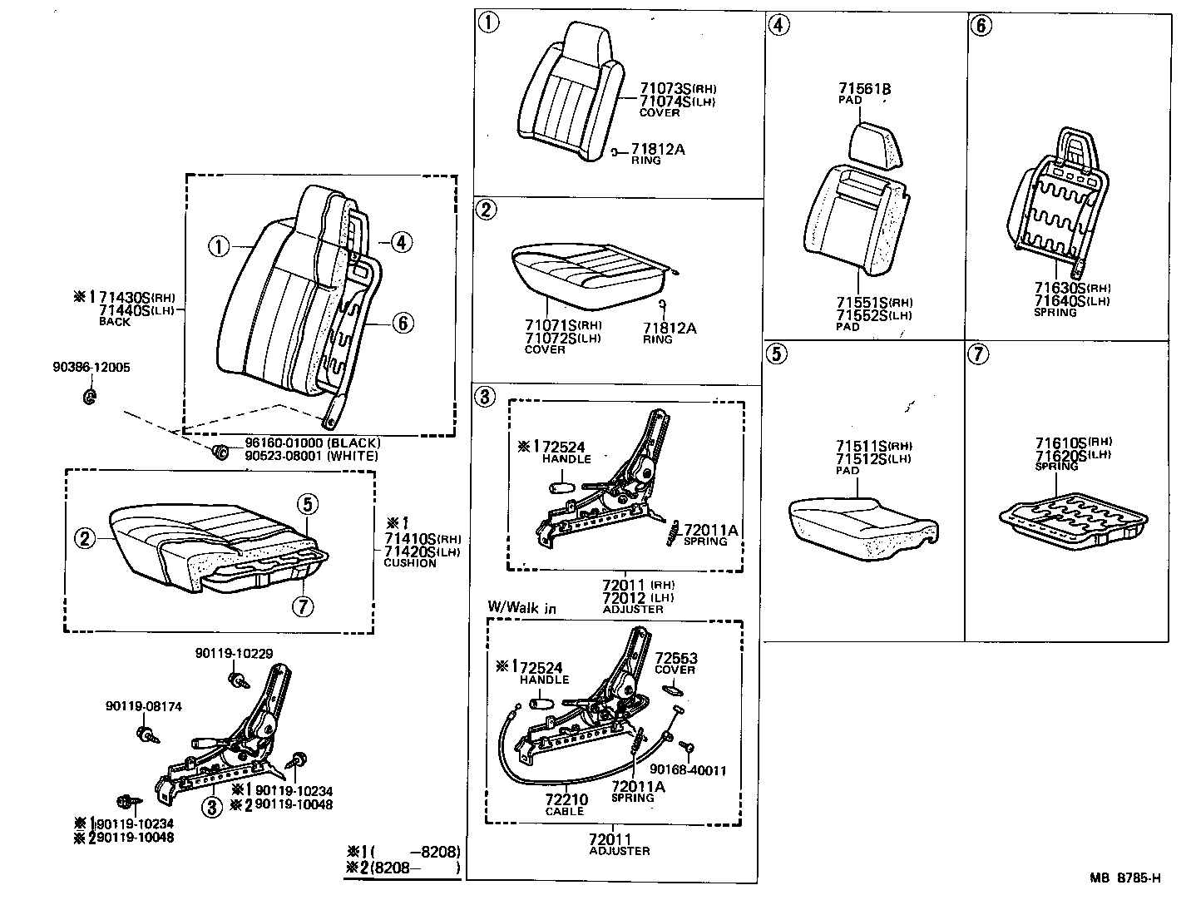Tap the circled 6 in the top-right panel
tap(981, 25)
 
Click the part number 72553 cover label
tap(675, 658)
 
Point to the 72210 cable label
tap(566, 800)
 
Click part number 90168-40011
tap(687, 770)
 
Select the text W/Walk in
tap(521, 608)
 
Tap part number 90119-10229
tap(235, 654)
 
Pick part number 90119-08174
tap(143, 706)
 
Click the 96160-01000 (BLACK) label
tap(312, 443)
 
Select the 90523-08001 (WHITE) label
tap(312, 456)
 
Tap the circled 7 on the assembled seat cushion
tap(304, 606)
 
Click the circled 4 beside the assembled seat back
tap(400, 242)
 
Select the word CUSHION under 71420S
tap(409, 563)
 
